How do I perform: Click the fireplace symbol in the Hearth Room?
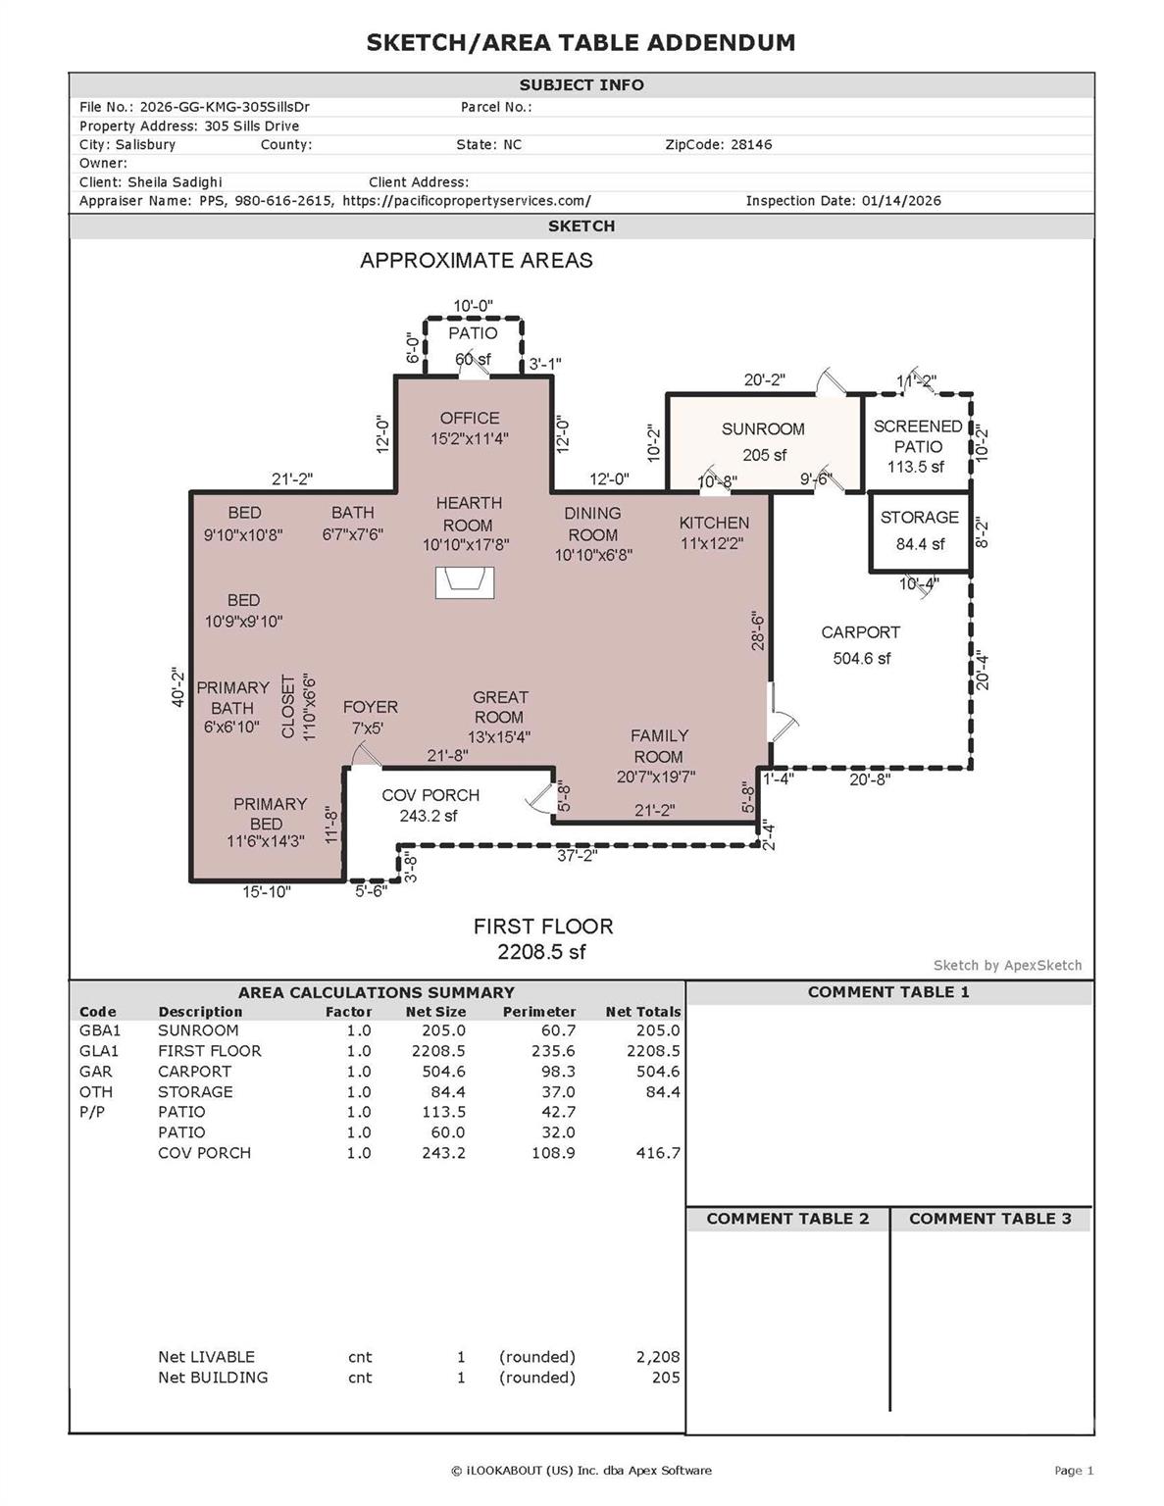pyautogui.click(x=465, y=582)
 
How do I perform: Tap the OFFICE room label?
pyautogui.click(x=470, y=419)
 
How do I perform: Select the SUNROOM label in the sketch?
pyautogui.click(x=763, y=429)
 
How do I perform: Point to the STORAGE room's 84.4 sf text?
pyautogui.click(x=920, y=543)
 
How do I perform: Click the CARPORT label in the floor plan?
pyautogui.click(x=860, y=633)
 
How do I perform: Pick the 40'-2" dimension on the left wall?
pyautogui.click(x=178, y=687)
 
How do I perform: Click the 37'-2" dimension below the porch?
pyautogui.click(x=577, y=855)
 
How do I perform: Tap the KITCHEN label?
pyautogui.click(x=714, y=523)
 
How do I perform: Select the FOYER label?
pyautogui.click(x=370, y=707)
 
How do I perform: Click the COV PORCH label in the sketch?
pyautogui.click(x=430, y=795)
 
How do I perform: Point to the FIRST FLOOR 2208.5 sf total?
pyautogui.click(x=542, y=951)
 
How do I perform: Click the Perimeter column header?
pyautogui.click(x=538, y=1012)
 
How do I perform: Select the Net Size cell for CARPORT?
pyautogui.click(x=443, y=1072)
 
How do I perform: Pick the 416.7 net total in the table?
pyautogui.click(x=657, y=1153)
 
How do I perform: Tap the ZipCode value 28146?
pyautogui.click(x=751, y=144)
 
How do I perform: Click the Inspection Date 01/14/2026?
pyautogui.click(x=900, y=201)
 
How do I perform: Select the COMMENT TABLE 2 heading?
pyautogui.click(x=787, y=1219)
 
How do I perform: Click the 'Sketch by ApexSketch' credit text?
pyautogui.click(x=1007, y=966)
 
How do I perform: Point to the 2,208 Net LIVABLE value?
pyautogui.click(x=657, y=1357)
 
